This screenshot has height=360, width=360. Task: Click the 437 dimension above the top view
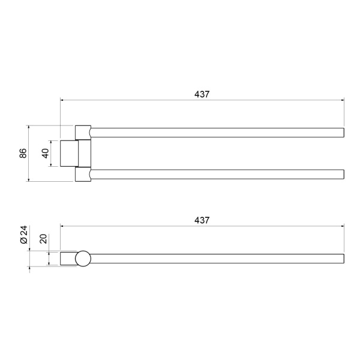(x=202, y=94)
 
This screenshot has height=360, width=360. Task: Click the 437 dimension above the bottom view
(x=202, y=220)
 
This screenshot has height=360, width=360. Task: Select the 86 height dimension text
(x=23, y=153)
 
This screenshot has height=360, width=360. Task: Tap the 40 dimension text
(x=46, y=154)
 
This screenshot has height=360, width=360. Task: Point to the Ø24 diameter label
(x=24, y=235)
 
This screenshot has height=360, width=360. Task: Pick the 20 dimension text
(x=43, y=239)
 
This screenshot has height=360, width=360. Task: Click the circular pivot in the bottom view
(x=83, y=259)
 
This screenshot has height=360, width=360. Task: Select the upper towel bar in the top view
(x=217, y=133)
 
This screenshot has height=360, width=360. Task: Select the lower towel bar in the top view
(x=217, y=174)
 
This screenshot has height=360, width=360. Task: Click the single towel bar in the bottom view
(x=217, y=259)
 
